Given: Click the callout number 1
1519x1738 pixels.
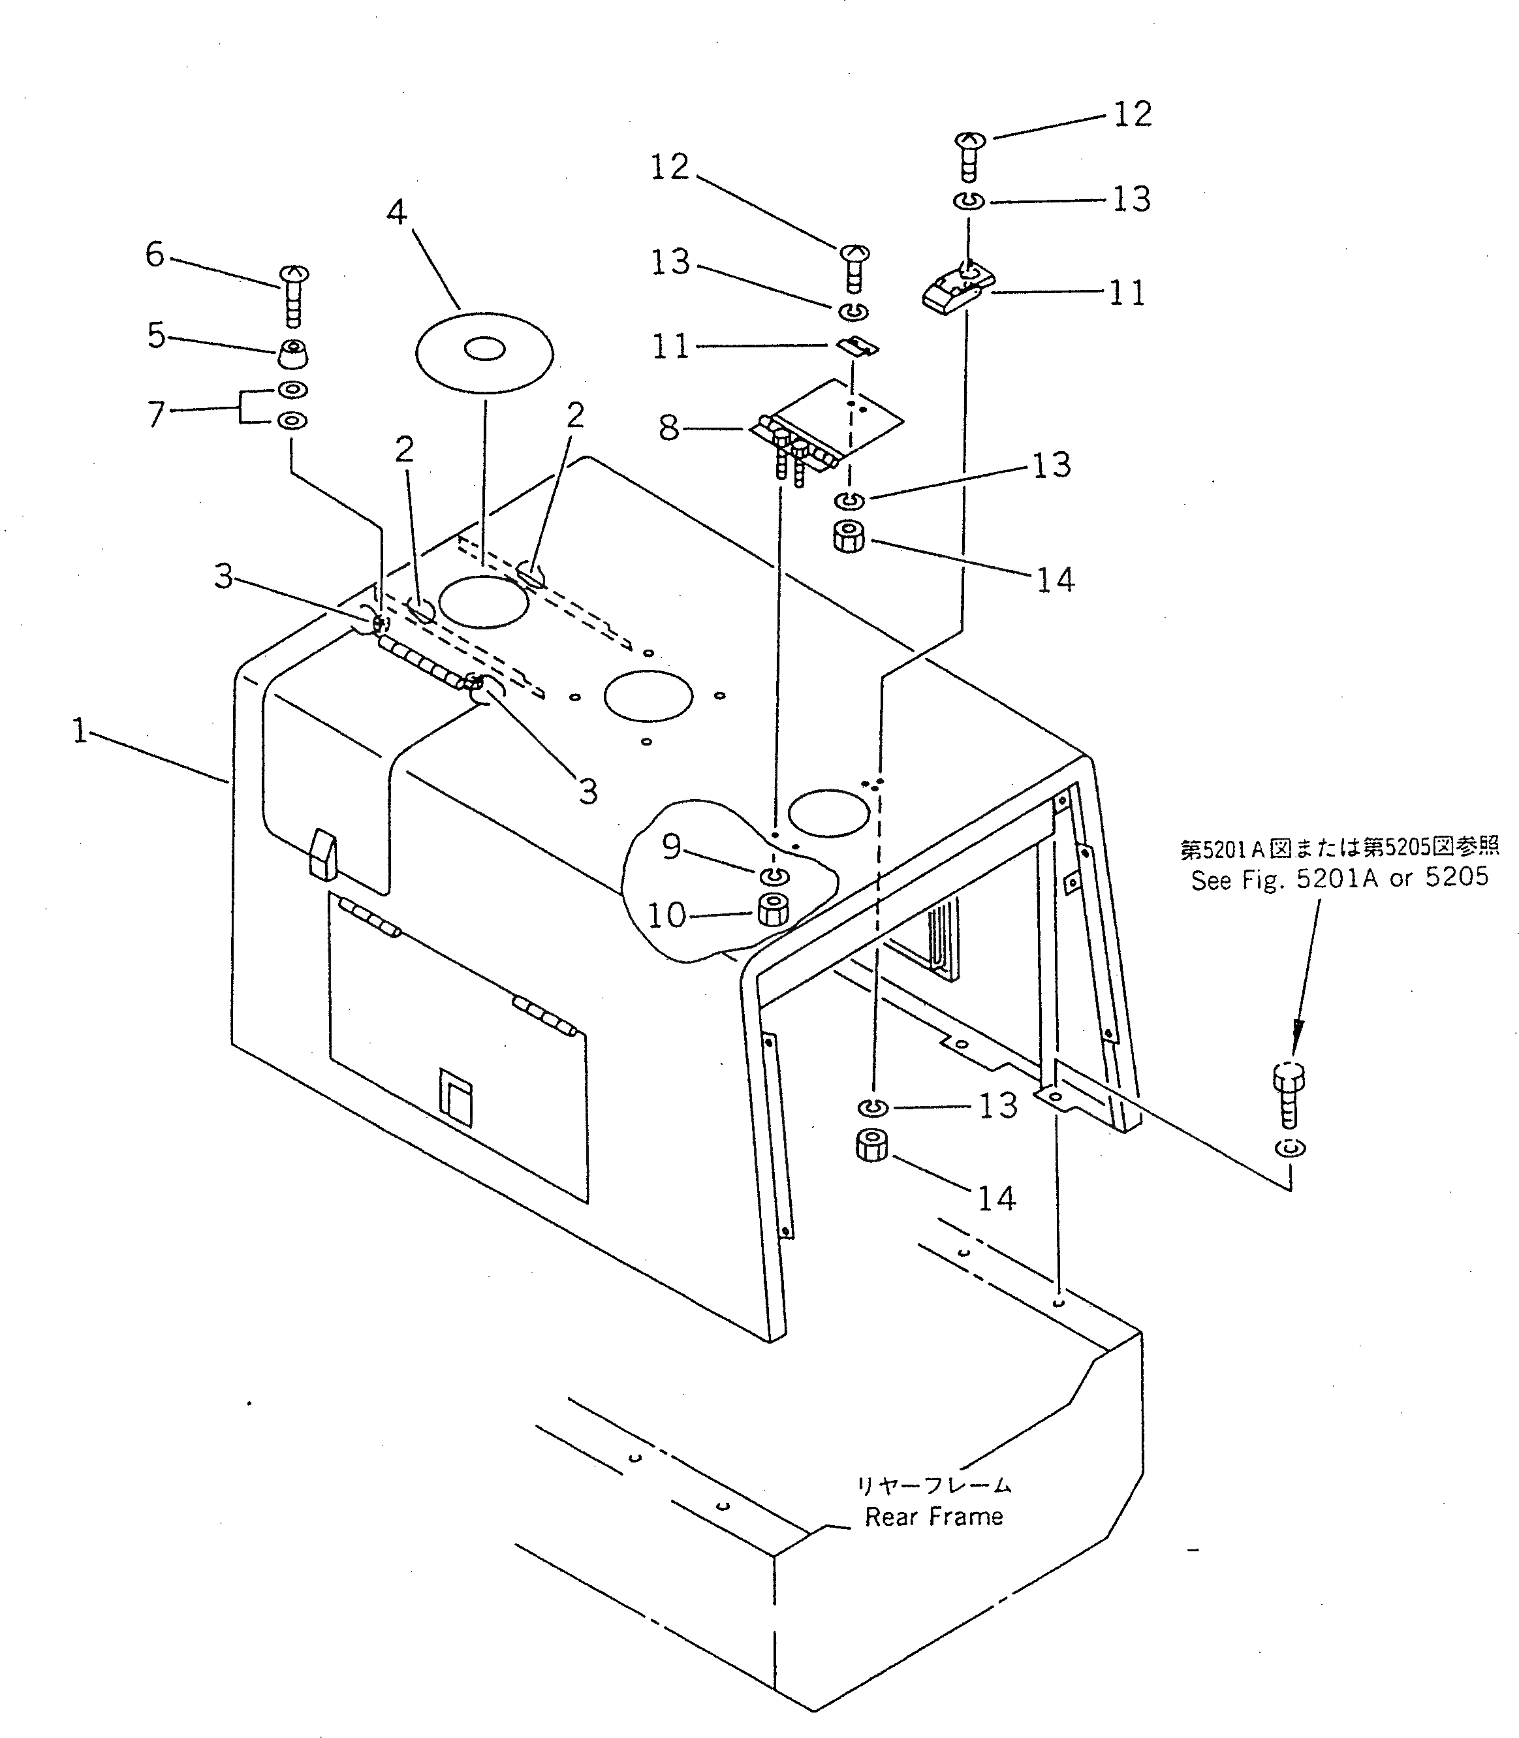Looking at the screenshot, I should [x=79, y=730].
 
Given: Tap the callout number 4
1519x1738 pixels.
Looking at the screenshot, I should [x=397, y=212].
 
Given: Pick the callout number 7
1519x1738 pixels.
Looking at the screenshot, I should [x=156, y=414].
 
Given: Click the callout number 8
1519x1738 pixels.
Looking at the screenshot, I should [x=670, y=428].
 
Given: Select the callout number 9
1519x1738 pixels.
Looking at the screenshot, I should [x=671, y=846].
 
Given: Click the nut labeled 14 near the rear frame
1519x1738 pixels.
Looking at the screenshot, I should [x=871, y=1148].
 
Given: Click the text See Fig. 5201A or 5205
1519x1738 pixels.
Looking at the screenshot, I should [x=1339, y=878].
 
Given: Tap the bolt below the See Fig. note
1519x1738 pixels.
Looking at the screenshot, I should [x=1289, y=1093].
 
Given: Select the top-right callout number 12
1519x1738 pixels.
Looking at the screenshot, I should [x=1133, y=114].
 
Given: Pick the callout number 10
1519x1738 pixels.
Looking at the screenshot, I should [x=666, y=915].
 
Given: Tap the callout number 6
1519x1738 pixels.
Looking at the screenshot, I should [x=154, y=253].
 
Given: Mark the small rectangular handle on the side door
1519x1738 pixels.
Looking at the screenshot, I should [x=455, y=1101].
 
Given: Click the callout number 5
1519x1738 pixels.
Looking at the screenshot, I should [x=156, y=336].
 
